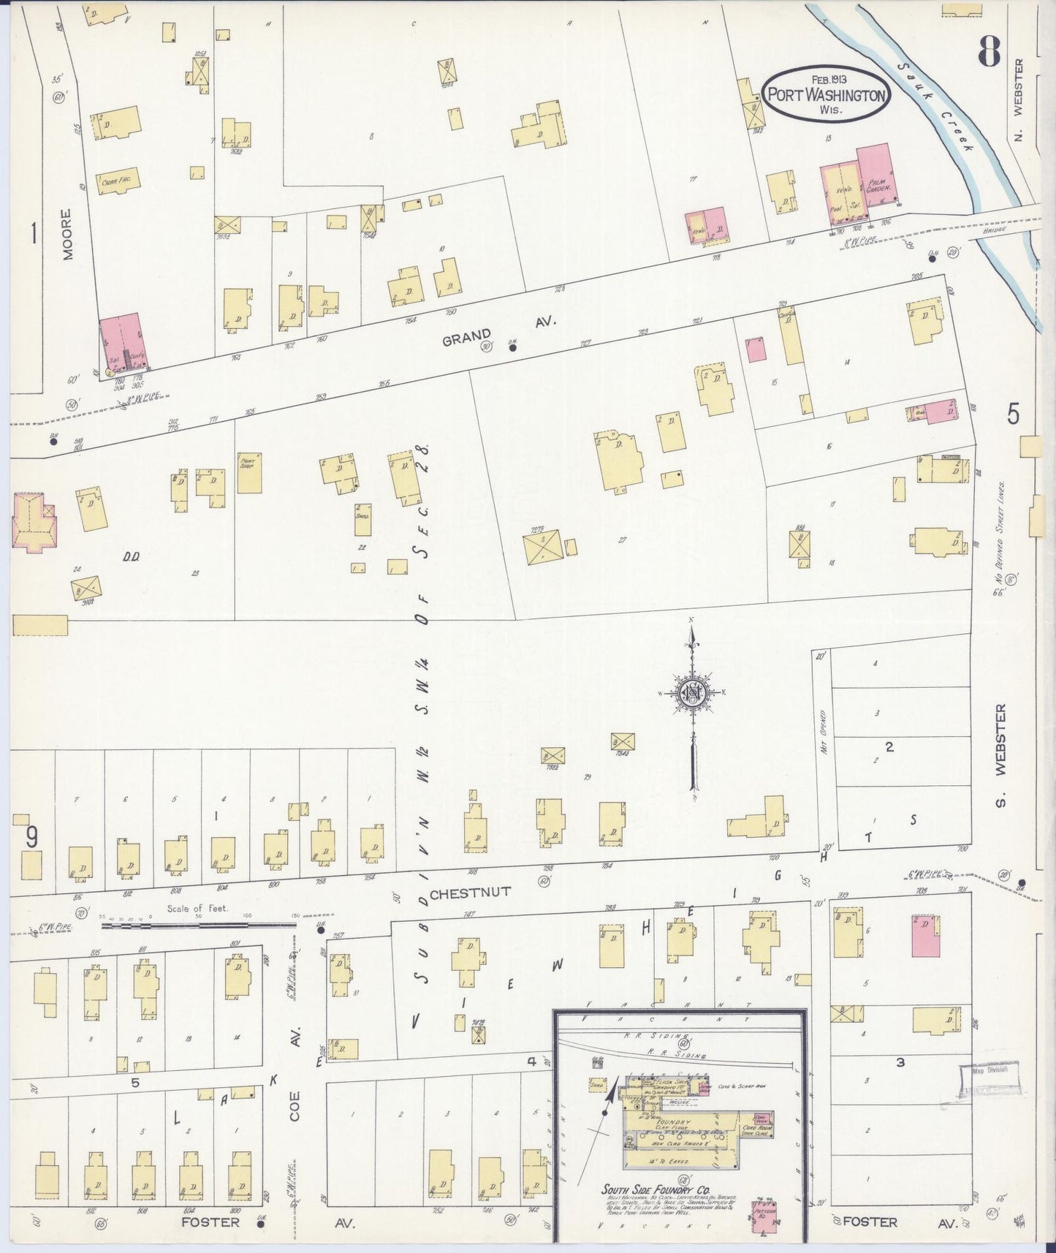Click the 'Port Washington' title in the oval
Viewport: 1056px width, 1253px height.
826,95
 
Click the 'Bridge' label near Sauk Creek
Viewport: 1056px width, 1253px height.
995,230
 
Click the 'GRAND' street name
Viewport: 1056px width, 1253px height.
466,336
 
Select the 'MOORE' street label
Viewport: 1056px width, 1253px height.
68,235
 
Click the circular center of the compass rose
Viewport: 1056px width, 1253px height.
691,693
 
